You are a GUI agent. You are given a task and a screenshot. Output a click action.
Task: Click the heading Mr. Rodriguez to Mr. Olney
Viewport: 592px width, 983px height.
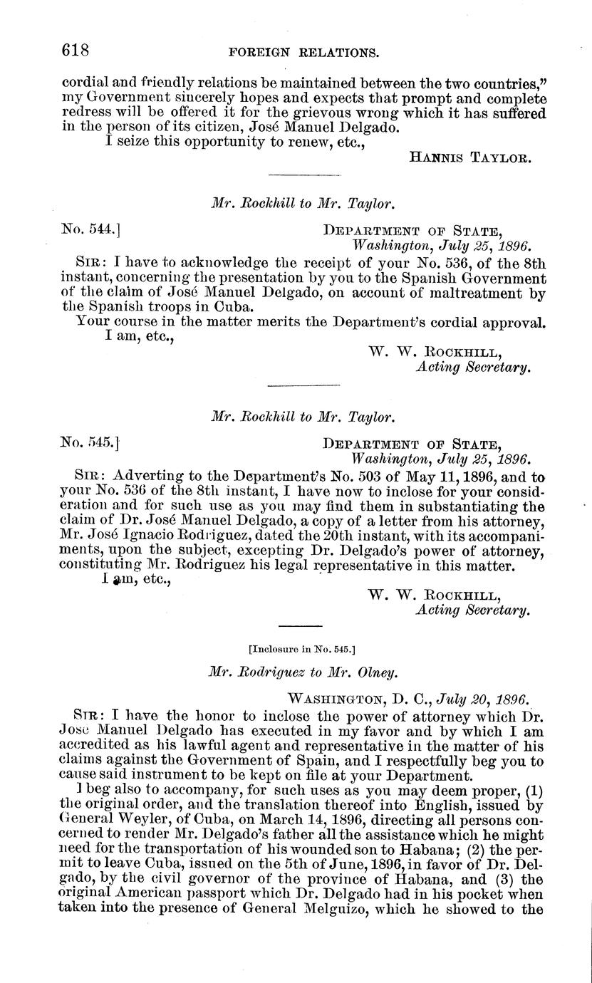pos(303,670)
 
